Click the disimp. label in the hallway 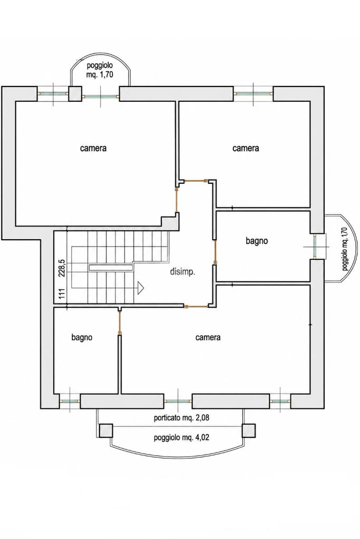coord(182,272)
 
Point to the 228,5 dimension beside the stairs coord(62,268)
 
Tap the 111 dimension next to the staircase coord(62,294)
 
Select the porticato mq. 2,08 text coord(181,418)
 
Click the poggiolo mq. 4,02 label coord(181,438)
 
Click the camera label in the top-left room coord(93,148)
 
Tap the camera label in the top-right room coord(246,148)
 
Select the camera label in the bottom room coord(208,338)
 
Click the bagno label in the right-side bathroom coord(257,241)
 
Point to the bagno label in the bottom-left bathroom coord(82,338)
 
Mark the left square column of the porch coord(106,430)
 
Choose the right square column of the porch coord(249,430)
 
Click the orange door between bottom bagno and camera coord(119,323)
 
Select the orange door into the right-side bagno coord(215,251)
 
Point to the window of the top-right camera coord(254,93)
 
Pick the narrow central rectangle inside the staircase coord(111,267)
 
